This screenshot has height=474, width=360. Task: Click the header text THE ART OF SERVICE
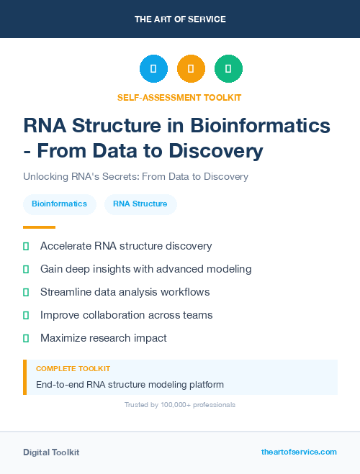click(x=180, y=19)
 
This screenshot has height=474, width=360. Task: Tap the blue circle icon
click(x=153, y=69)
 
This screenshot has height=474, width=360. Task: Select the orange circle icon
click(x=191, y=69)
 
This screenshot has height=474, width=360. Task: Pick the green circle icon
click(x=228, y=69)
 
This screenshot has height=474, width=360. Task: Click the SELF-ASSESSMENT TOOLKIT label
click(x=179, y=97)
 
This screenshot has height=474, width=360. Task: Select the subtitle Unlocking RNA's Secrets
click(x=135, y=176)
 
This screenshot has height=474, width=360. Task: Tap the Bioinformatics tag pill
click(x=59, y=204)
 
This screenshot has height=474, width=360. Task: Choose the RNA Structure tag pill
click(x=140, y=204)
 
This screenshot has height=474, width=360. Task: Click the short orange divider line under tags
click(x=34, y=227)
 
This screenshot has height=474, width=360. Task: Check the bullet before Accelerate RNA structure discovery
click(x=26, y=246)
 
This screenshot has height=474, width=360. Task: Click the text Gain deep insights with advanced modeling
click(x=145, y=269)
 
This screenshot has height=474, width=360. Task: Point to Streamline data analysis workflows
click(x=125, y=292)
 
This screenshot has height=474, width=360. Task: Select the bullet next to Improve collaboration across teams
click(x=26, y=315)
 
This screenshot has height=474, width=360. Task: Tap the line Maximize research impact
click(x=103, y=338)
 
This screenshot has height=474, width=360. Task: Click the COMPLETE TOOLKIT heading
click(x=73, y=368)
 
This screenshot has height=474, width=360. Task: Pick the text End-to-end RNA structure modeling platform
click(x=130, y=384)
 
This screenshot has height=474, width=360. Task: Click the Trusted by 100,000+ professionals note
click(x=179, y=405)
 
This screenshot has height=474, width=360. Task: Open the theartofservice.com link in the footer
click(x=299, y=452)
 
